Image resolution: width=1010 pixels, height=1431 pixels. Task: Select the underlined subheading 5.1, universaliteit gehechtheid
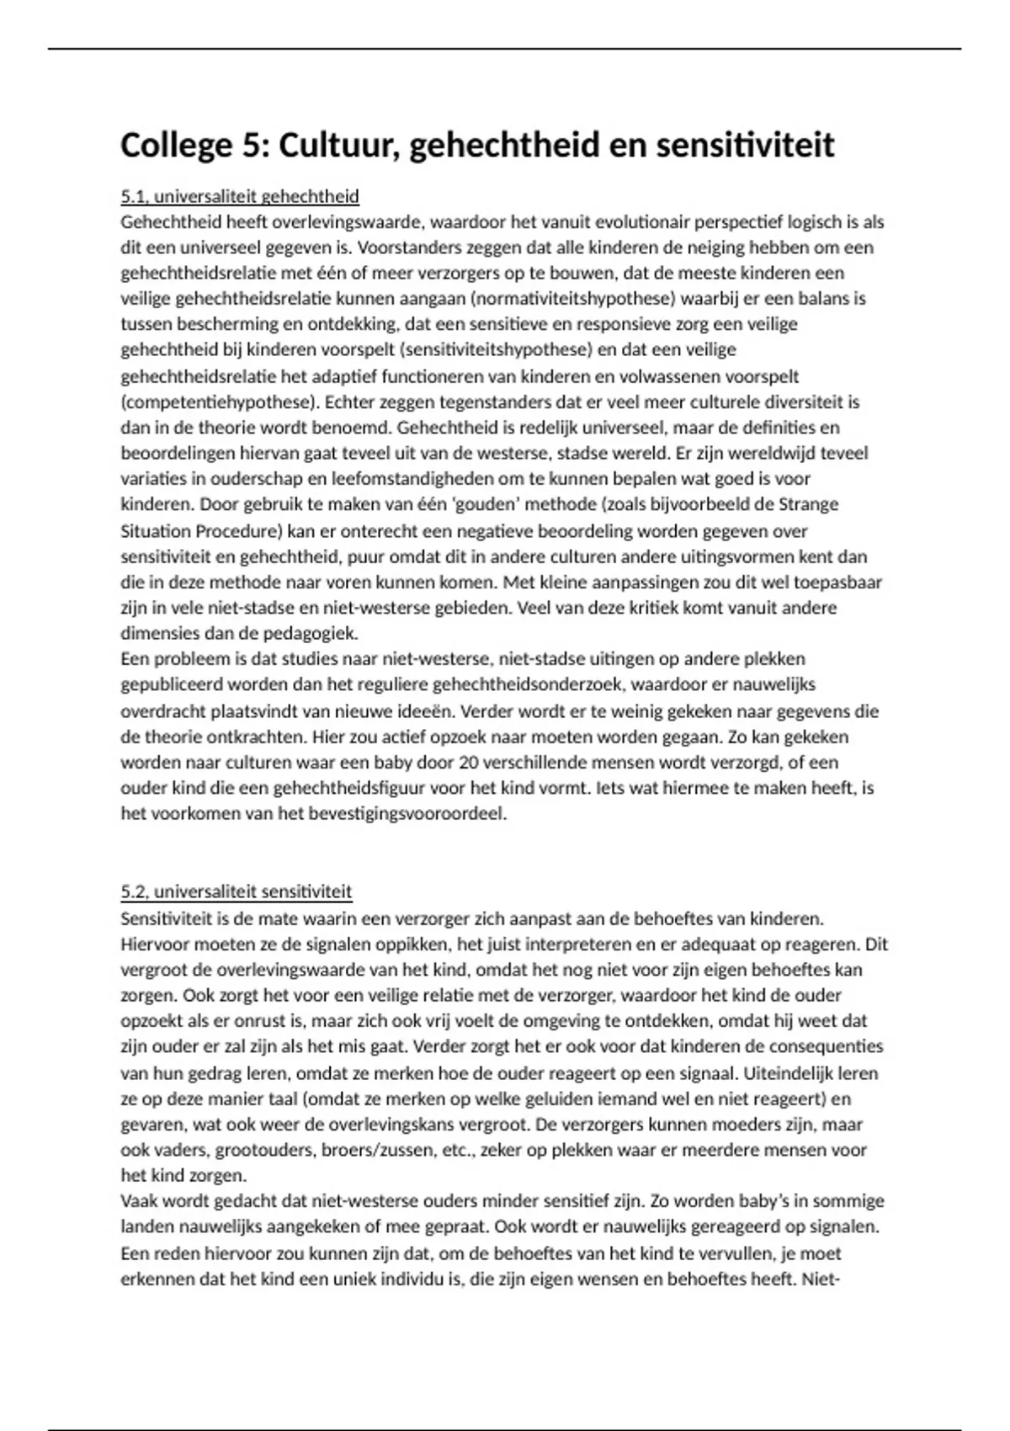(240, 197)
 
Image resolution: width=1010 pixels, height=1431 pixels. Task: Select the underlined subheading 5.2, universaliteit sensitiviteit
(237, 892)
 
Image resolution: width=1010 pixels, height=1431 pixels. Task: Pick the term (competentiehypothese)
(220, 402)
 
